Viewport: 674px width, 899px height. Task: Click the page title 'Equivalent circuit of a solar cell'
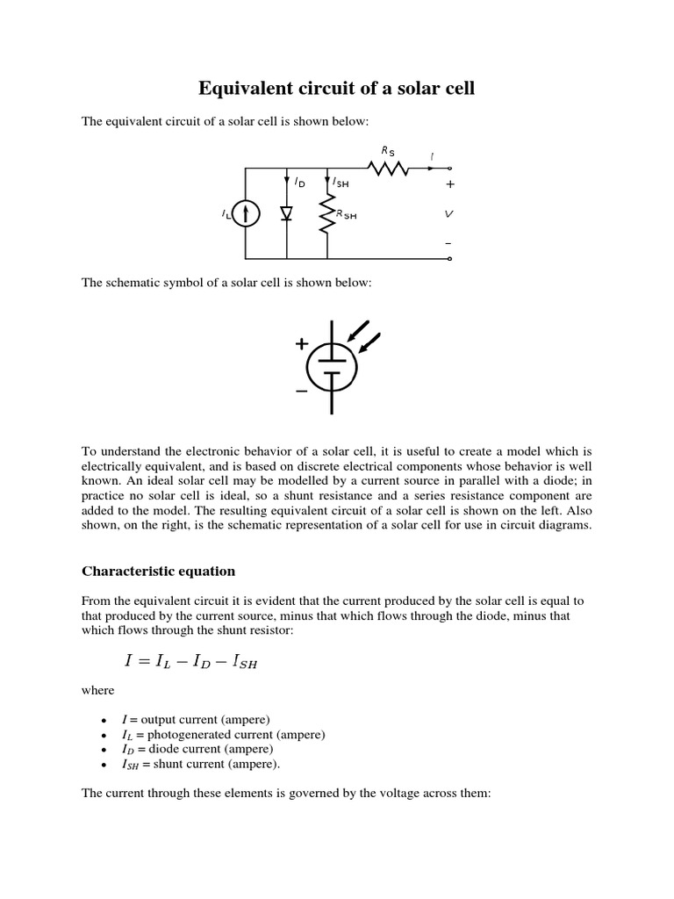point(336,89)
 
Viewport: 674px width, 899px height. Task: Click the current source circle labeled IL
point(247,213)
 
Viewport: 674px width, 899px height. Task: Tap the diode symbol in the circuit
point(287,213)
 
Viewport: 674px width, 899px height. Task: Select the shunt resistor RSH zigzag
point(326,213)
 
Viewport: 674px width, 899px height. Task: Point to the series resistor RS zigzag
point(388,168)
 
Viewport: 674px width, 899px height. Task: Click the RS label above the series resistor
point(387,151)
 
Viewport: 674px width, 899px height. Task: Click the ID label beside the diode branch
point(300,182)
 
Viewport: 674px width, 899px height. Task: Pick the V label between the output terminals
point(450,213)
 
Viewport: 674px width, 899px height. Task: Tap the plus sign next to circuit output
point(450,185)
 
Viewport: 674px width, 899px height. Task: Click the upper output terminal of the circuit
point(450,168)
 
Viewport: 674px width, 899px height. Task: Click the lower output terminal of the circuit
point(450,259)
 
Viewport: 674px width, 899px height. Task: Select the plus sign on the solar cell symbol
point(302,344)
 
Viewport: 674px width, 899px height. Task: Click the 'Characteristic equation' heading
point(159,571)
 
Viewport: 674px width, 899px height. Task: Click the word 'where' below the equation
point(98,690)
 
